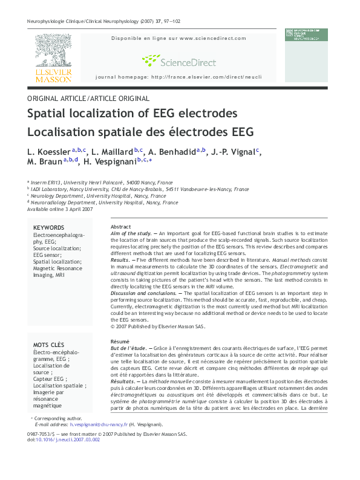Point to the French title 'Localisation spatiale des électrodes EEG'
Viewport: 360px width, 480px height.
[x=140, y=132]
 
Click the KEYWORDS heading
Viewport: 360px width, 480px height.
[x=48, y=227]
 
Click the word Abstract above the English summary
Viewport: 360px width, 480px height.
[x=121, y=226]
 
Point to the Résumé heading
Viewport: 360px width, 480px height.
[x=120, y=342]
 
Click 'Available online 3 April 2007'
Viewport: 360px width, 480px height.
[x=60, y=209]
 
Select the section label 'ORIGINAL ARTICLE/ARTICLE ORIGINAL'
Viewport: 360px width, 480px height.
[x=88, y=98]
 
